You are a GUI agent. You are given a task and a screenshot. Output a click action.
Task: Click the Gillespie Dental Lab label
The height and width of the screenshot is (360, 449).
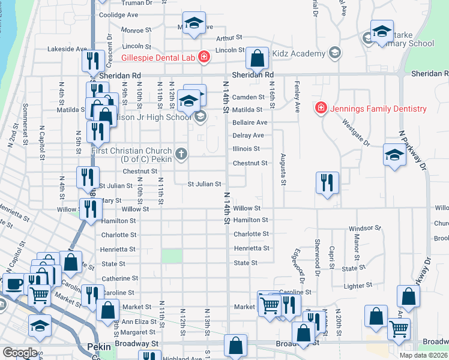pyautogui.click(x=159, y=58)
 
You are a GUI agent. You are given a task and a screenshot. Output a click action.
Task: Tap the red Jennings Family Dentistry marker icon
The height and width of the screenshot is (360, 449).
pyautogui.click(x=321, y=109)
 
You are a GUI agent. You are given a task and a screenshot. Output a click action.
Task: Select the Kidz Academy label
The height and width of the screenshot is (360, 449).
pyautogui.click(x=298, y=54)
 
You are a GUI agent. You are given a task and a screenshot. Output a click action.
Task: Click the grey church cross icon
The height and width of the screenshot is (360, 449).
pyautogui.click(x=181, y=155)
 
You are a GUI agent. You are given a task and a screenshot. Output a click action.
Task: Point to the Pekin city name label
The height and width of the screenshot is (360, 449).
pyautogui.click(x=99, y=346)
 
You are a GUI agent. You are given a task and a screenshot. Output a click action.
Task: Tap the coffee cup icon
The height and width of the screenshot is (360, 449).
pyautogui.click(x=13, y=283)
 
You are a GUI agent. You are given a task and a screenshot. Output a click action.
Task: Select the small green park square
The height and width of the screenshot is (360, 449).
pyautogui.click(x=171, y=256)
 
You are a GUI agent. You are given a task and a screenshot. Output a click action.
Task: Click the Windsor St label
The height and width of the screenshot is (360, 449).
pyautogui.click(x=365, y=229)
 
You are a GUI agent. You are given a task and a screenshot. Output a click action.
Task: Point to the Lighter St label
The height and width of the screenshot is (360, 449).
pyautogui.click(x=358, y=286)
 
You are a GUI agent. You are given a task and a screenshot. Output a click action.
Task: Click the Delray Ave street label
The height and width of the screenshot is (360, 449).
pyautogui.click(x=249, y=136)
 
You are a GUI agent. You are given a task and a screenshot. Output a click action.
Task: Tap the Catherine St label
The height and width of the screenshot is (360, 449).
pyautogui.click(x=120, y=278)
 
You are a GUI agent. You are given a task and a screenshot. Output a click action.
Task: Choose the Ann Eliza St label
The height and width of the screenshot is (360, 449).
pyautogui.click(x=139, y=322)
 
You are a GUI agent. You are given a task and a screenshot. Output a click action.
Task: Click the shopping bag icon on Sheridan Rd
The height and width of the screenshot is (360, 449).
pyautogui.click(x=257, y=59)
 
